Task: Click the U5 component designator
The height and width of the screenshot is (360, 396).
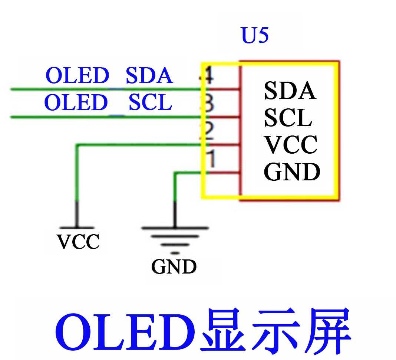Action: [x=255, y=36]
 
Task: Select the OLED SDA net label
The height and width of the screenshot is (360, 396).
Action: [x=109, y=76]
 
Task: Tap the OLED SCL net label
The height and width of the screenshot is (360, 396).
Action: [x=108, y=102]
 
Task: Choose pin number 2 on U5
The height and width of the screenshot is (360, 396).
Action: [x=209, y=131]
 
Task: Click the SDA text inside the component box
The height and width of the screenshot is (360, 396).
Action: [x=290, y=91]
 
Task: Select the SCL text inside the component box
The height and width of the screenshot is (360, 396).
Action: [x=288, y=118]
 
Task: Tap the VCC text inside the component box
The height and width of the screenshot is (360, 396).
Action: [x=290, y=145]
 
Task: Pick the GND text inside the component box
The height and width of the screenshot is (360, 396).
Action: [x=292, y=171]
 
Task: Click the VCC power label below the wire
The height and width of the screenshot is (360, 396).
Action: [x=78, y=242]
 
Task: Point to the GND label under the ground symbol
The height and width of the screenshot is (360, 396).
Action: [x=174, y=266]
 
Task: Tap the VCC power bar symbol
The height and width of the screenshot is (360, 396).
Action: [x=77, y=227]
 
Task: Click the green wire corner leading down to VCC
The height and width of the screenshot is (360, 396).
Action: [x=77, y=145]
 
